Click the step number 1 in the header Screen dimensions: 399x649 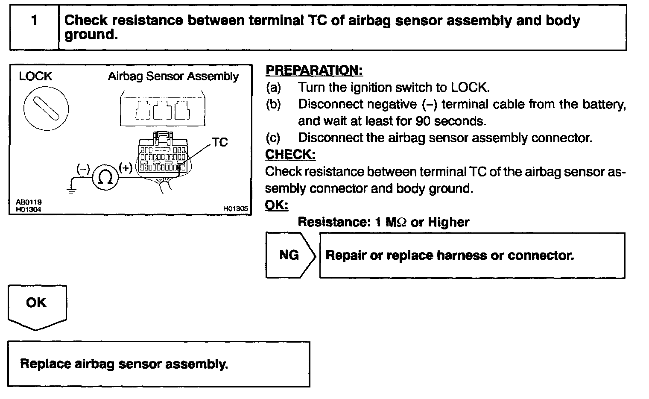tap(35, 21)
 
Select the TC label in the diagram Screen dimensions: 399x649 tap(220, 142)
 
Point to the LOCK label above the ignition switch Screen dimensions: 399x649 tap(35, 76)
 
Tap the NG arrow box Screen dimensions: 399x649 tap(289, 255)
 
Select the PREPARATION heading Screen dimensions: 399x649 tap(314, 70)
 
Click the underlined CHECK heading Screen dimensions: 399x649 tap(290, 154)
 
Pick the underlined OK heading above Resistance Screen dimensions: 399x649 tap(277, 205)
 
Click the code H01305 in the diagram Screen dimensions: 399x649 tap(235, 209)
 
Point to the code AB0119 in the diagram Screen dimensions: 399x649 tap(29, 202)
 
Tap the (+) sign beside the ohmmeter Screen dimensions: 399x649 tap(126, 167)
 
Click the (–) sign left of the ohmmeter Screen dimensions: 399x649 tap(83, 169)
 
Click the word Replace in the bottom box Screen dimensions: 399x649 tap(46, 364)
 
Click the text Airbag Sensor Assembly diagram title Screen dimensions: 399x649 tap(173, 76)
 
